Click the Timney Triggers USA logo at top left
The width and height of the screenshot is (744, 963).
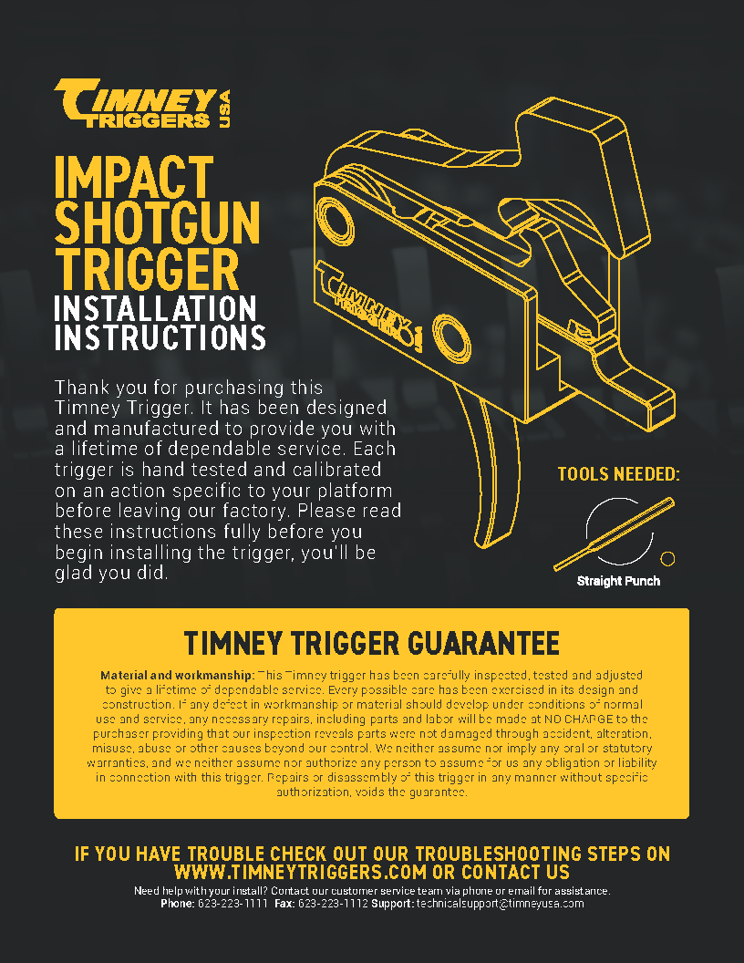(x=142, y=104)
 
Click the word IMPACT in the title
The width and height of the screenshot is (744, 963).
(x=134, y=177)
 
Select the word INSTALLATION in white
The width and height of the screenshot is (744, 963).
(x=155, y=308)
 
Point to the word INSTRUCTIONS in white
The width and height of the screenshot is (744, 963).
(x=160, y=337)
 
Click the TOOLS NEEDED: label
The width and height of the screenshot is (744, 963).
(x=619, y=474)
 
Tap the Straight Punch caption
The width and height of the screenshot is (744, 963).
(x=618, y=581)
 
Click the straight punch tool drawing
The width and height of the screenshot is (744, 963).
(x=614, y=533)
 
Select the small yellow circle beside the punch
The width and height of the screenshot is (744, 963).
(x=667, y=558)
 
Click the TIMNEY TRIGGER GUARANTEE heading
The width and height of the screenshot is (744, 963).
(x=371, y=643)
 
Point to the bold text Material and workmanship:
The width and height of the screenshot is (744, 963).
(x=178, y=675)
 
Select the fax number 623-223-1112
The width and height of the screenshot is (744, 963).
(x=333, y=904)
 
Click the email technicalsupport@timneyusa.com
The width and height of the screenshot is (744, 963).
(x=501, y=904)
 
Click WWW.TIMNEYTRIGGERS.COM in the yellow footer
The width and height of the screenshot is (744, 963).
(x=300, y=872)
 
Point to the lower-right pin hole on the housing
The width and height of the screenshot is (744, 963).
(x=452, y=337)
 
